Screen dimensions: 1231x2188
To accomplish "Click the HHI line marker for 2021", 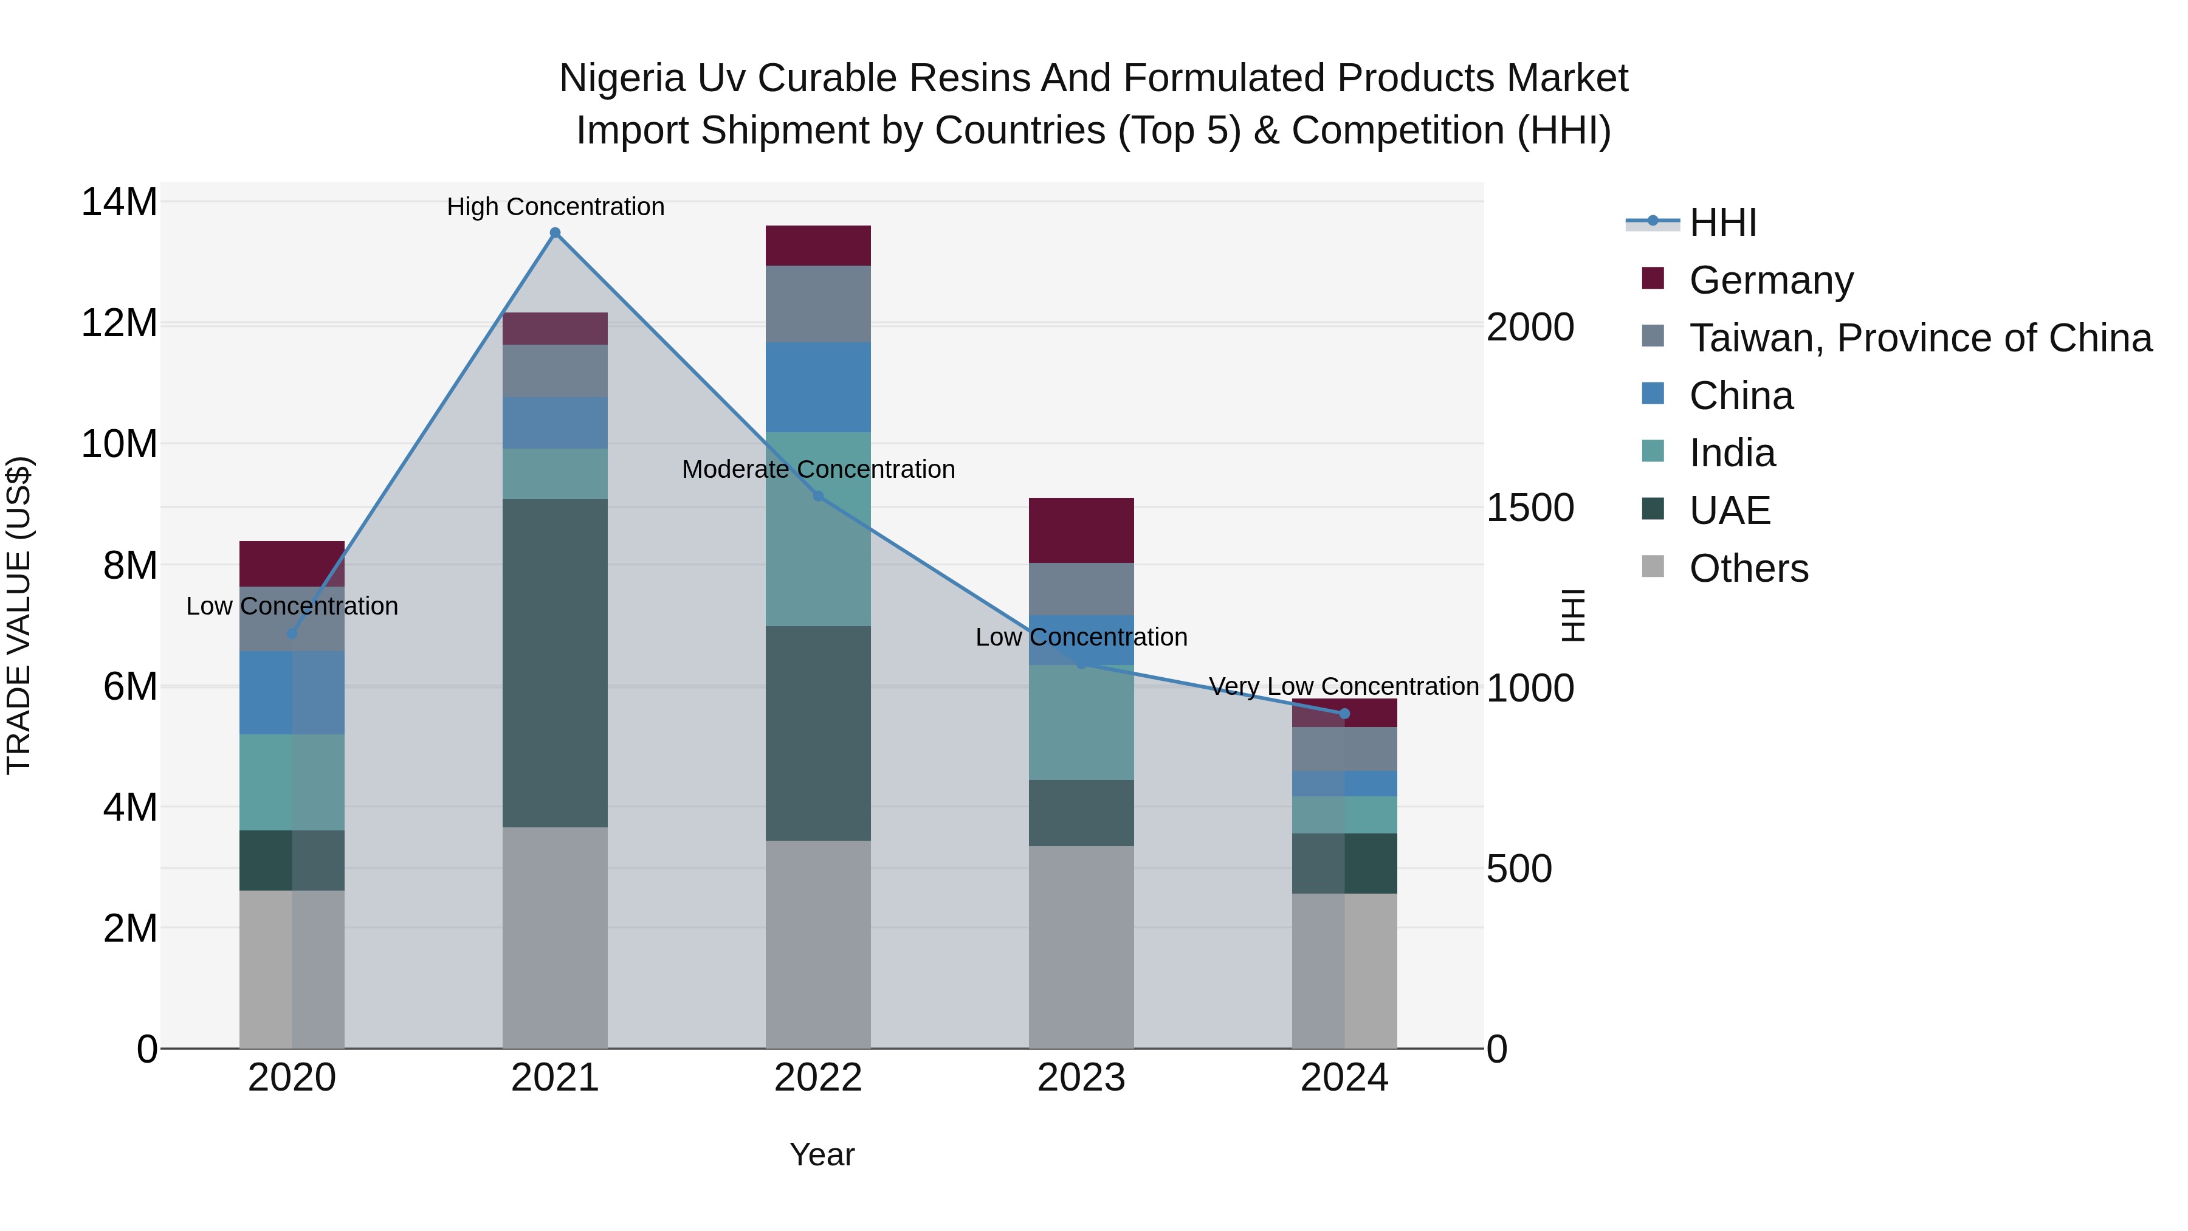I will tap(555, 233).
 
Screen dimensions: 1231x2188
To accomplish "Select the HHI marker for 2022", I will tap(818, 496).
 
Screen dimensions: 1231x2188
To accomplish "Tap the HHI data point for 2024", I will tap(1344, 714).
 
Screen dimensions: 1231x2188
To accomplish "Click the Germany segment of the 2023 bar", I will tap(1081, 530).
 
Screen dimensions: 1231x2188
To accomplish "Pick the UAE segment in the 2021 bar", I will tap(555, 663).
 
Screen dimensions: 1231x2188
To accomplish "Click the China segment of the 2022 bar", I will tap(818, 387).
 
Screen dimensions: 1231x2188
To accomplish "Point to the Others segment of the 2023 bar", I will tap(1081, 947).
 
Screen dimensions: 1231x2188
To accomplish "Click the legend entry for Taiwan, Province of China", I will tap(1919, 338).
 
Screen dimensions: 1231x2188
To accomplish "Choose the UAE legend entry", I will tap(1729, 511).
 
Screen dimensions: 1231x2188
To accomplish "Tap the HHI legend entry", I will tap(1722, 222).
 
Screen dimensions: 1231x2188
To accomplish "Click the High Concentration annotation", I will tap(556, 207).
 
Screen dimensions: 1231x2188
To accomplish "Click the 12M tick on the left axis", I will tap(119, 323).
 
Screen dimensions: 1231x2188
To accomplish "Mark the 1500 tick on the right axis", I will tap(1530, 508).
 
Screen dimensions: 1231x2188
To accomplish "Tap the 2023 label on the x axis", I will tap(1081, 1078).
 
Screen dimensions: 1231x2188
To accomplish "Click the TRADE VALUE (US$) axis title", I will tap(19, 615).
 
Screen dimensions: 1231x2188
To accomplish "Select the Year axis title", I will tap(821, 1154).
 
